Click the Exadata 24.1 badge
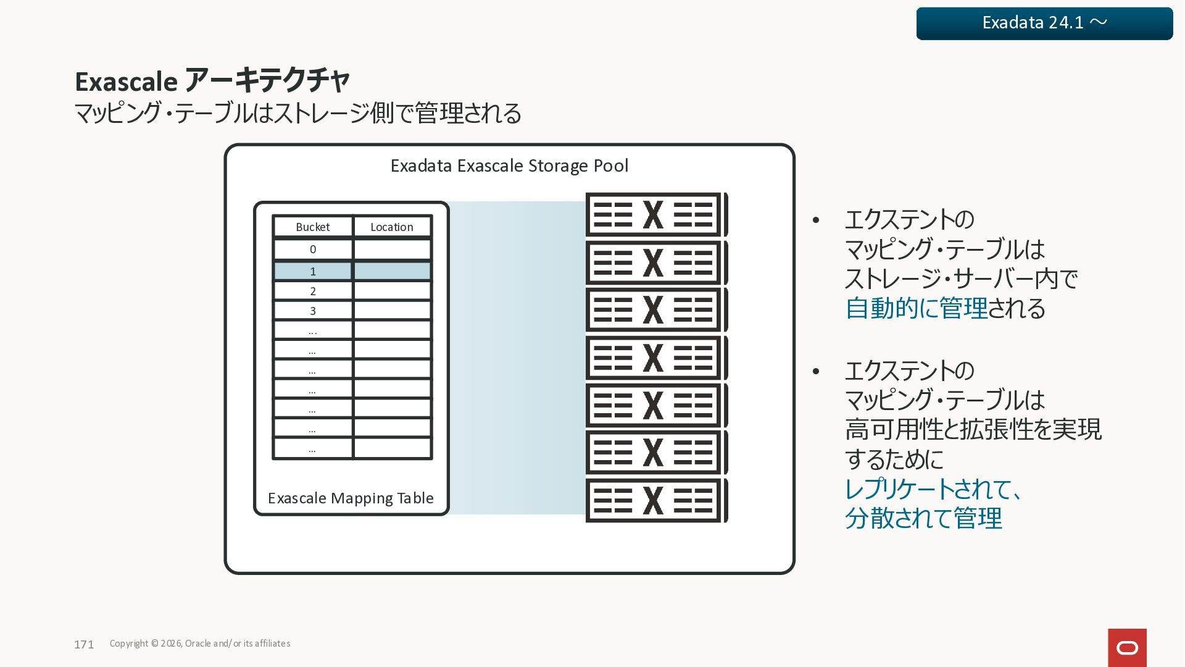(x=1044, y=23)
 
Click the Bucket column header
(x=313, y=227)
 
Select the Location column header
(x=392, y=227)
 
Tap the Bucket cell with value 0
(x=313, y=250)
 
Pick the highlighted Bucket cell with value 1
(x=313, y=271)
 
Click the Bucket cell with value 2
(x=313, y=291)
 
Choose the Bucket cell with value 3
(x=313, y=311)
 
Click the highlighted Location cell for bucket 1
(x=392, y=271)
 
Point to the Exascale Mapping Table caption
(x=351, y=498)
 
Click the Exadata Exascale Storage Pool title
(x=509, y=166)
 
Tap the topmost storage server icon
(x=656, y=215)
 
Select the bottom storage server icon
(x=656, y=500)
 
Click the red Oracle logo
(x=1127, y=648)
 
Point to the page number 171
(x=84, y=645)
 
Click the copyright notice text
(x=200, y=644)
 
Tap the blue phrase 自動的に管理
(x=917, y=308)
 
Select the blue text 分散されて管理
(x=923, y=518)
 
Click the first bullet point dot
(x=816, y=220)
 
